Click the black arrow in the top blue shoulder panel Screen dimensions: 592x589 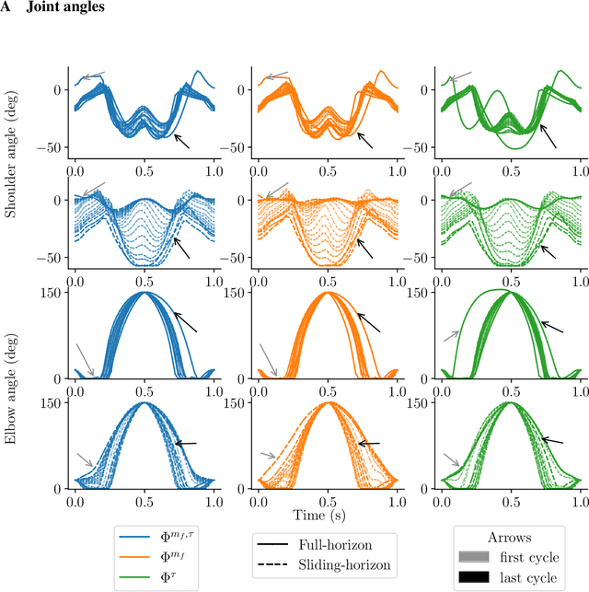click(181, 140)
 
